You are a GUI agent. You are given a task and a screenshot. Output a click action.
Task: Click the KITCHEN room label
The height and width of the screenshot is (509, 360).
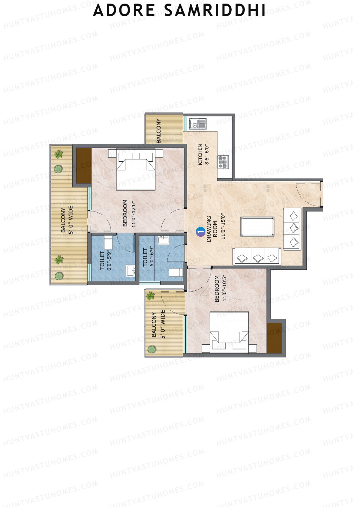200,154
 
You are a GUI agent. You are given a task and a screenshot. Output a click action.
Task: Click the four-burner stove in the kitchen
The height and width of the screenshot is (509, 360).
223,162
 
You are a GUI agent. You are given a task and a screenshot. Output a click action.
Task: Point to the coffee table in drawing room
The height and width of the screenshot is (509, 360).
257,227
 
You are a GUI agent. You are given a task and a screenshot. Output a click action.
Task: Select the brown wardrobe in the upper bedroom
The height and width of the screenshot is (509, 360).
83,166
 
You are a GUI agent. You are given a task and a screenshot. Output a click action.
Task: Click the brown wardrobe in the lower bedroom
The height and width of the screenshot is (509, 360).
274,338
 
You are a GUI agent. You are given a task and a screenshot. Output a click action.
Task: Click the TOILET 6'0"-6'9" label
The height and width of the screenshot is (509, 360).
148,257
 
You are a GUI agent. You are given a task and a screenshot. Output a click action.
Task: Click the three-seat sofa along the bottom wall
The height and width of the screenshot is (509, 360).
257,257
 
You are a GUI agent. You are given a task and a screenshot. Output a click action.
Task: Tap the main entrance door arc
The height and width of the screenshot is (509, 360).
306,195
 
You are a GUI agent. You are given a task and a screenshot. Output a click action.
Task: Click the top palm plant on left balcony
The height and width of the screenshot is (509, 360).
59,155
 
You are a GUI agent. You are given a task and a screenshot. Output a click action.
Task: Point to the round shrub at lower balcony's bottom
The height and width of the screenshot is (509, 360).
152,349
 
